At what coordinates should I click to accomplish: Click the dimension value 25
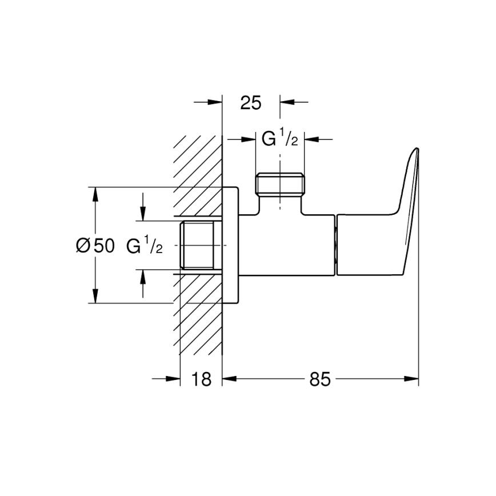click(x=250, y=103)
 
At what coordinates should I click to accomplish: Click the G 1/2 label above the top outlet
click(x=279, y=138)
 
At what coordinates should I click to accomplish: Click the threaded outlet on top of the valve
click(x=279, y=185)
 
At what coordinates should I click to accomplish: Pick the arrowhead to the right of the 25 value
click(x=286, y=103)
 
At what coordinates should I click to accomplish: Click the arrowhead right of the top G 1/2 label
click(x=312, y=138)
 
